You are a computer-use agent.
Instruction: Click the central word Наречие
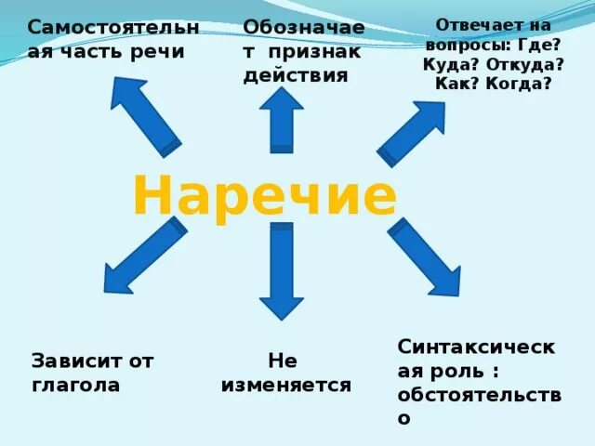point(265,196)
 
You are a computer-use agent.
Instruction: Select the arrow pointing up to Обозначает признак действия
point(282,119)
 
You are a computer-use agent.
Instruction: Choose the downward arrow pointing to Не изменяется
point(281,270)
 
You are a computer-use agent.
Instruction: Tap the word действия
point(296,75)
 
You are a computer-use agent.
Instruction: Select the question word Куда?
point(450,64)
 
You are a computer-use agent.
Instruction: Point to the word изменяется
point(285,385)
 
